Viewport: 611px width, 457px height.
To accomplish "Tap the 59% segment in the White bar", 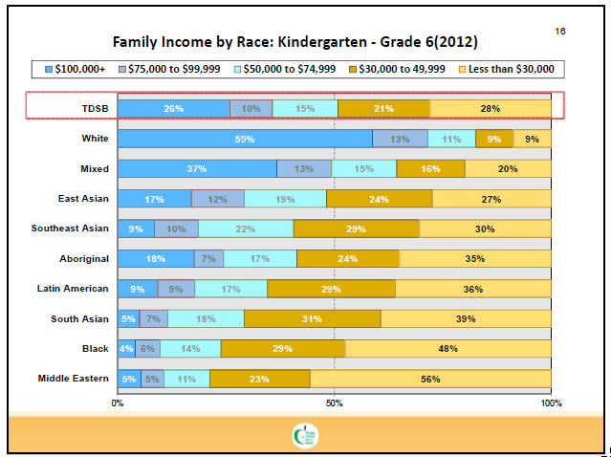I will click(x=244, y=139).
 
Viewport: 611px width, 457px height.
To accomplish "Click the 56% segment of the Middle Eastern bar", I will click(x=430, y=379).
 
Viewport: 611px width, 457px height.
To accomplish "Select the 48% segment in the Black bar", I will click(x=447, y=349).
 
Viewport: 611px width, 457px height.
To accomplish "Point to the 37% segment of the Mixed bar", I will click(x=197, y=168).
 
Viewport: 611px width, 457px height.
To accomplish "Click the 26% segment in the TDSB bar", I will click(x=173, y=108).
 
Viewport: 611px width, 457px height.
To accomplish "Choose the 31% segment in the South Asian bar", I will click(x=313, y=318).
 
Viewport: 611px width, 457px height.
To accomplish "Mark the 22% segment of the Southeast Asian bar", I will click(x=246, y=228).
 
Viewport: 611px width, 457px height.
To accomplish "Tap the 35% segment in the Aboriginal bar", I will click(x=475, y=258).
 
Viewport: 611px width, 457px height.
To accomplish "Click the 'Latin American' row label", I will click(x=73, y=288).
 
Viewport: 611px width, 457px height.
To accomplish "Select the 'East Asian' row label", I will click(x=83, y=199).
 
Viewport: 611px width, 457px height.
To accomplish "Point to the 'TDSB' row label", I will click(x=94, y=108).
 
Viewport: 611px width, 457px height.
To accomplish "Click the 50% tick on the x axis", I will click(x=334, y=403).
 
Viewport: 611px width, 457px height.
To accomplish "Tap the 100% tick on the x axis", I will click(x=550, y=403).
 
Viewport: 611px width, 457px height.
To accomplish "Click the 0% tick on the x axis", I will click(x=118, y=403).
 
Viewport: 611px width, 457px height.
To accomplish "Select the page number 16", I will click(x=559, y=32).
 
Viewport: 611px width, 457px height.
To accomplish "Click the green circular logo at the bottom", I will click(x=305, y=436).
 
